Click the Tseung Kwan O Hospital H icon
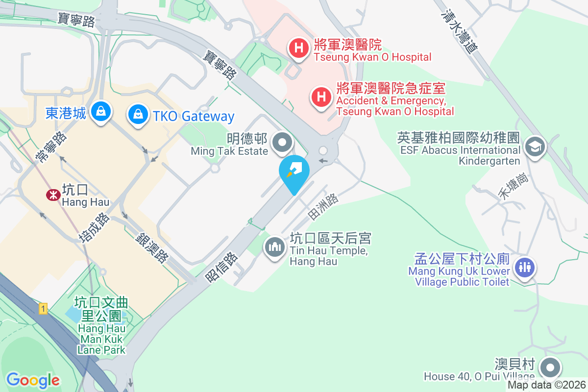297,48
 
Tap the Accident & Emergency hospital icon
321,97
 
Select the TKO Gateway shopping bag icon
138,115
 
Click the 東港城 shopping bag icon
101,111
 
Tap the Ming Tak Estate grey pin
282,143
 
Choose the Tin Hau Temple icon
275,246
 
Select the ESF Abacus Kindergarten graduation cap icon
535,146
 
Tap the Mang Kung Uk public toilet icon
525,267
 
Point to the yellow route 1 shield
44,309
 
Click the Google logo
33,380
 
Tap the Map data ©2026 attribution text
546,385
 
